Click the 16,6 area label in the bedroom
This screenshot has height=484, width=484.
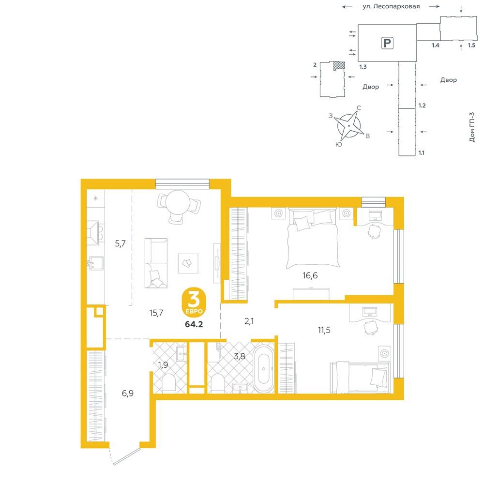[x=310, y=275]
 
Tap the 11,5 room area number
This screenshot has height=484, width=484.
[x=324, y=330]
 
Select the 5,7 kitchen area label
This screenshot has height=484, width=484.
[x=120, y=243]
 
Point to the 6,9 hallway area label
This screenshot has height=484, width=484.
[x=127, y=393]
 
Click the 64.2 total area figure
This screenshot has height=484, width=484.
[x=194, y=324]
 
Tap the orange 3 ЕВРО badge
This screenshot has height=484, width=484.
[x=194, y=303]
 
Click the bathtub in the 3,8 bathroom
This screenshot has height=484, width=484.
[x=263, y=368]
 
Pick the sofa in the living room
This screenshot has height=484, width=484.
[x=156, y=263]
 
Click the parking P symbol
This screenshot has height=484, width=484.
[x=387, y=43]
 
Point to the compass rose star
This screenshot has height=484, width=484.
[x=349, y=126]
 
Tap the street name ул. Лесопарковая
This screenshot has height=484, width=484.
[x=391, y=6]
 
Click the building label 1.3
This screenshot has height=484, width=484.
[x=363, y=67]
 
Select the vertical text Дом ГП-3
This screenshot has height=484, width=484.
[x=472, y=127]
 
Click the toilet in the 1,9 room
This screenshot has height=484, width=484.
[x=168, y=383]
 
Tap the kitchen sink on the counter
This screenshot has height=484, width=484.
[x=96, y=263]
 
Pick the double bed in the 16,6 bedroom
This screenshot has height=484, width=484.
[x=312, y=238]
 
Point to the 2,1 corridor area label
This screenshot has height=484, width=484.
[x=249, y=321]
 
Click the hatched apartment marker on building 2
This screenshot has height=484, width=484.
[x=339, y=65]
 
